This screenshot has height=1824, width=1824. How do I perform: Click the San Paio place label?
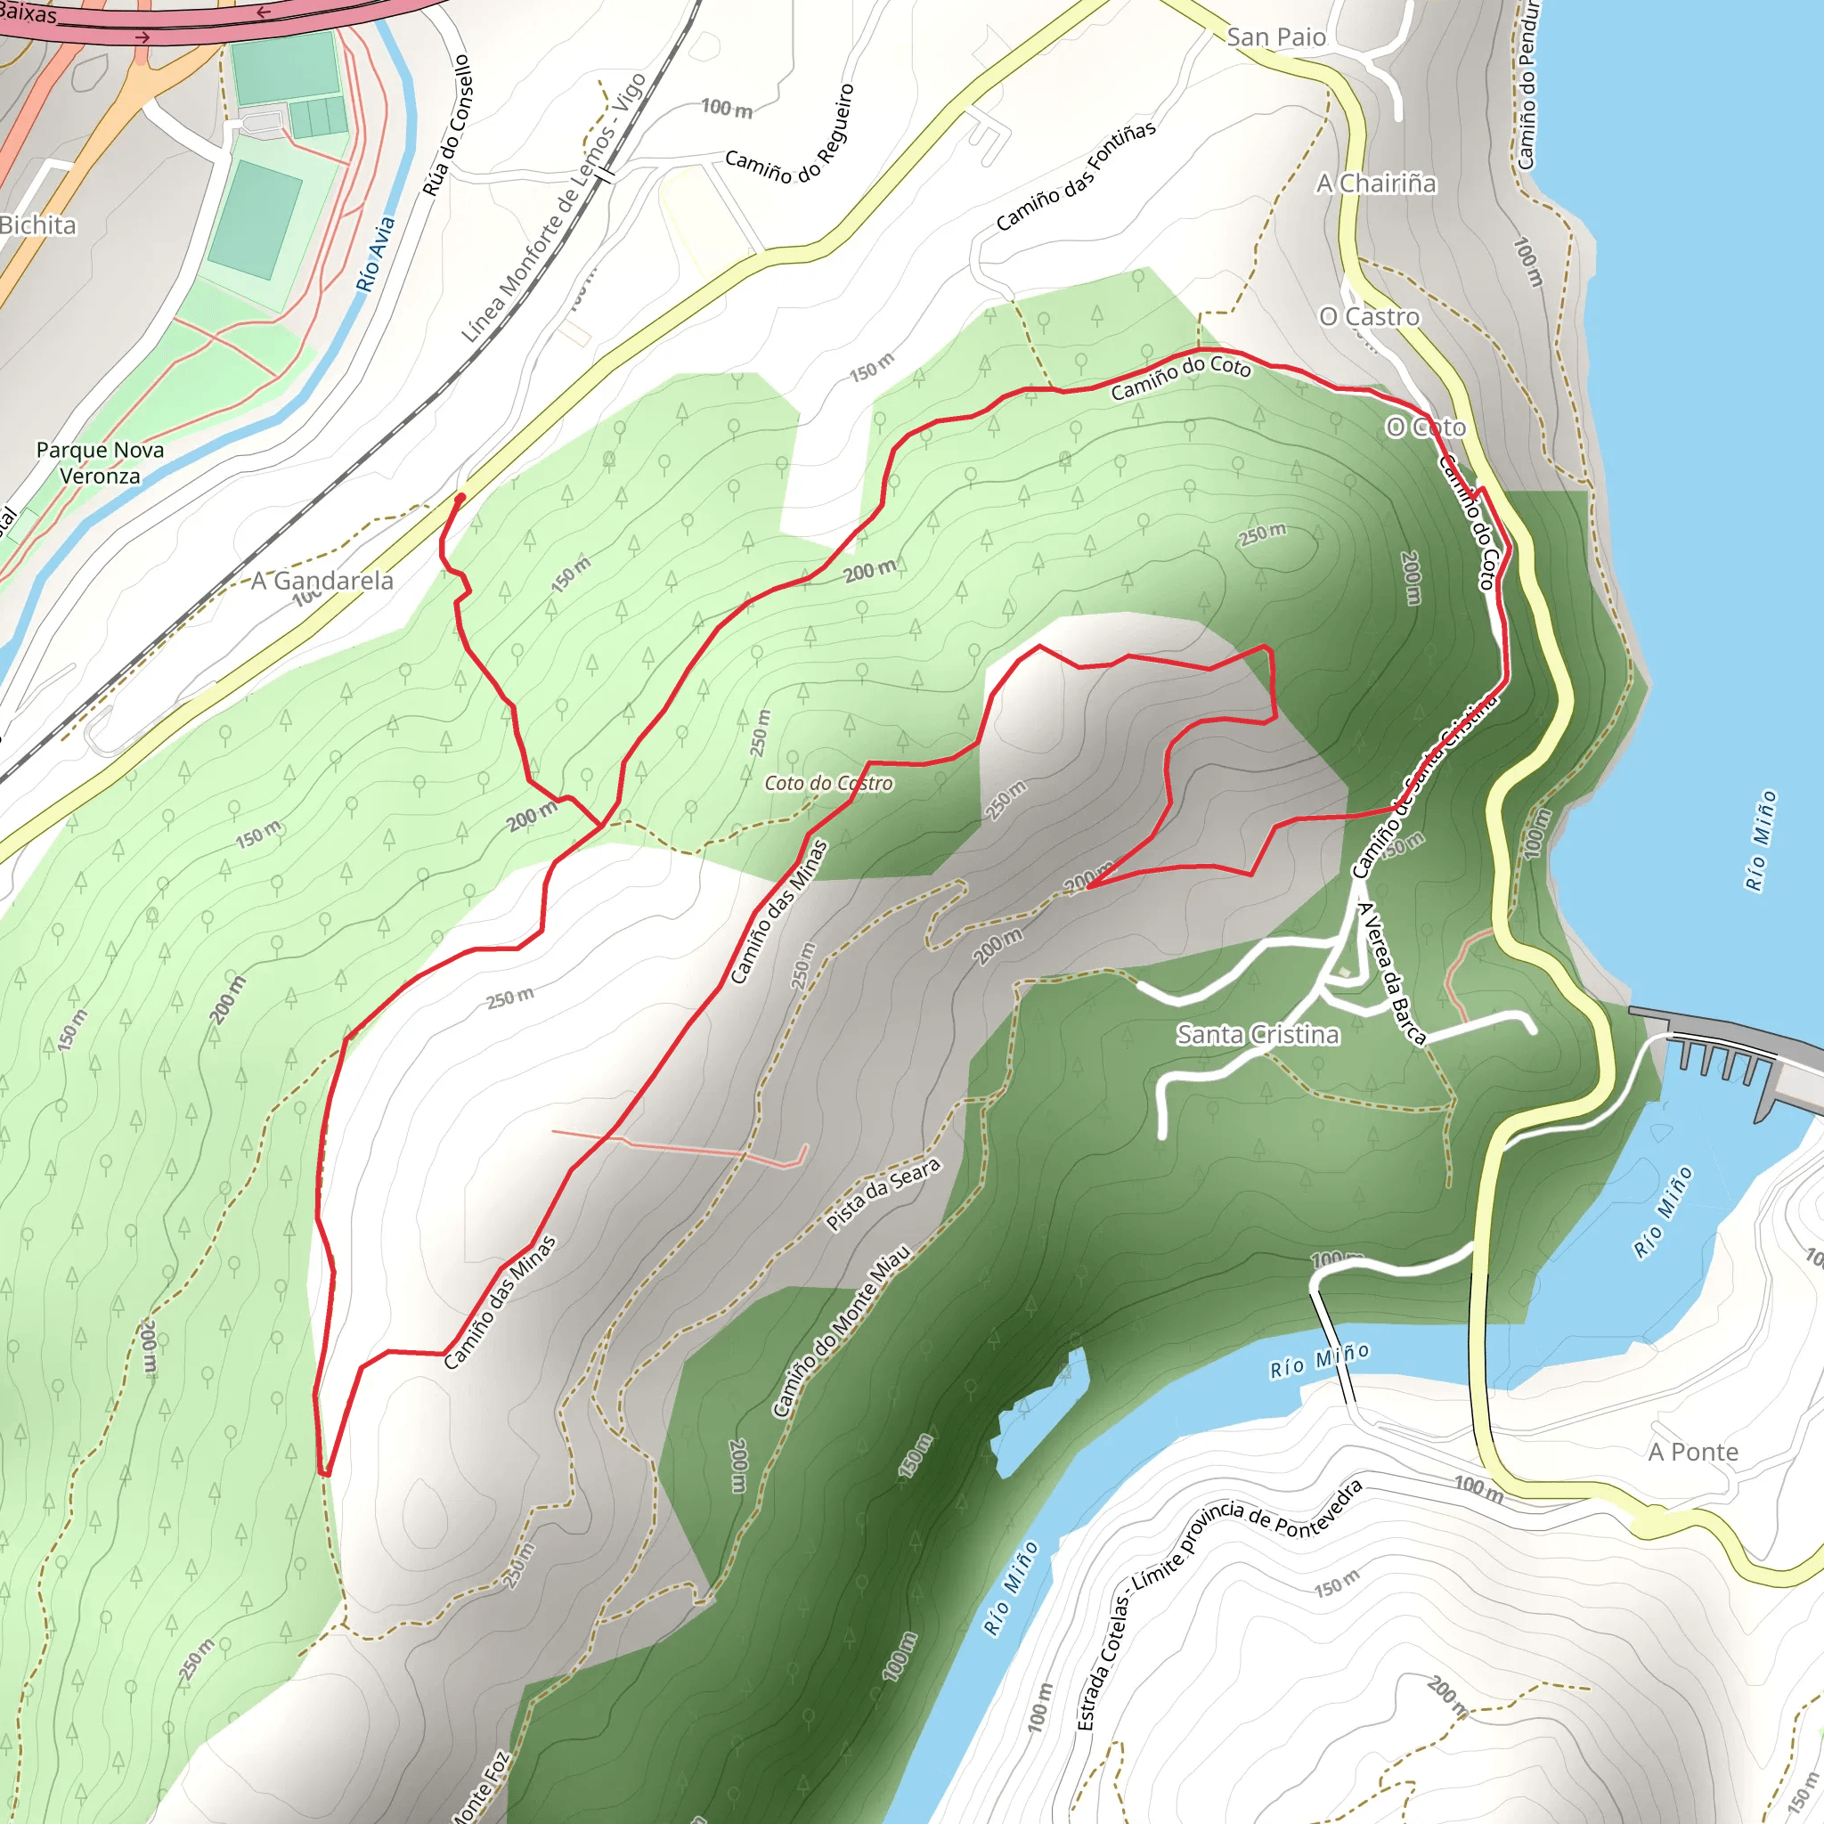(x=1275, y=37)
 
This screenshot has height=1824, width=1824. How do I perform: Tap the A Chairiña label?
(x=1377, y=183)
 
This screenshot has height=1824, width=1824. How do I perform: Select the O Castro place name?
(x=1369, y=316)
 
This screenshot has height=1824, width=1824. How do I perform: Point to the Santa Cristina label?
(x=1258, y=1035)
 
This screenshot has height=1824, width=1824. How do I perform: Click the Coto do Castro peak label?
(x=828, y=783)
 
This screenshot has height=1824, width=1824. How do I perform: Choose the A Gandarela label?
(x=322, y=581)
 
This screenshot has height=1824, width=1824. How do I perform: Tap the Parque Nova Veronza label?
(x=100, y=462)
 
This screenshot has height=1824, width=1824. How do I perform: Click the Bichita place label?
(x=37, y=224)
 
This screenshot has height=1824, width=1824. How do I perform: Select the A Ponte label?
(x=1693, y=1452)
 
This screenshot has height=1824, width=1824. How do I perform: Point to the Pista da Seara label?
(x=883, y=1194)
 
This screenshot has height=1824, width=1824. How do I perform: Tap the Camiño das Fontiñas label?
(x=1075, y=176)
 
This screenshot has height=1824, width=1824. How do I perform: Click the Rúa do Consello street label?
(x=446, y=126)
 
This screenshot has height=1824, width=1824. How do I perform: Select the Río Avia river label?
(x=375, y=254)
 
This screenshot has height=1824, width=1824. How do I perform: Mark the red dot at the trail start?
(x=460, y=498)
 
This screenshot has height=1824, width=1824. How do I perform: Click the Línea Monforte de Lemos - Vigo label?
(x=553, y=208)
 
